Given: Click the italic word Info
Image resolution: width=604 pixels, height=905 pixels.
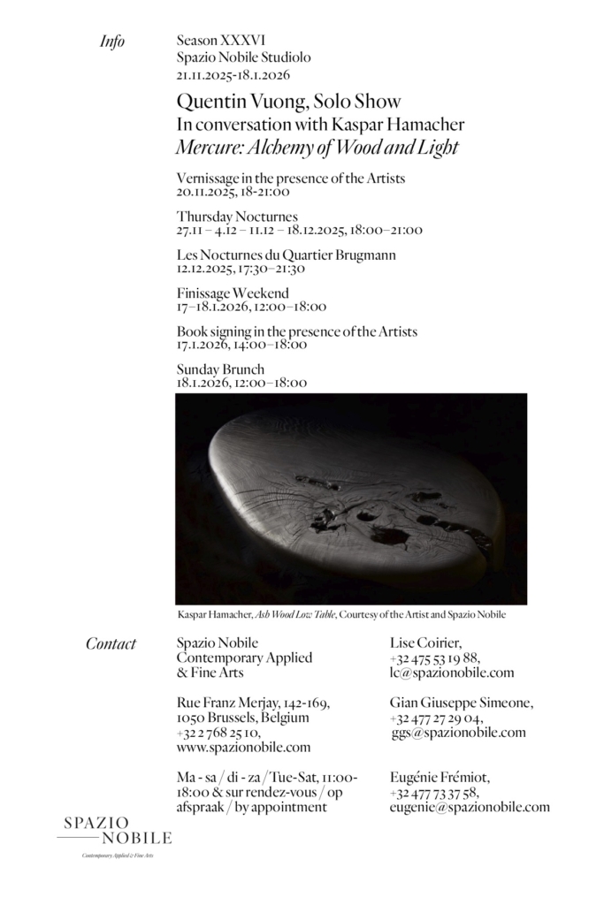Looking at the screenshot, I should [112, 42].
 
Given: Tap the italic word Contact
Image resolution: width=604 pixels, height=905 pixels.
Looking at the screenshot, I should [111, 643].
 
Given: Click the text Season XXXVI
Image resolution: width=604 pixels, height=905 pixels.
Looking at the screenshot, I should [220, 41].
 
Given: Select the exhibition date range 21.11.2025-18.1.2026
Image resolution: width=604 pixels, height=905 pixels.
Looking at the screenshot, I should [233, 74].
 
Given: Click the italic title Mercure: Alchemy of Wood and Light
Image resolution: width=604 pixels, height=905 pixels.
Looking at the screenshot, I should [317, 148].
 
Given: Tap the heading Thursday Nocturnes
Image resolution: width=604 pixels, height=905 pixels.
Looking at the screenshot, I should [237, 217].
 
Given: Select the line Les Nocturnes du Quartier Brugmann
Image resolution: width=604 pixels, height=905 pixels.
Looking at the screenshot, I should [286, 255].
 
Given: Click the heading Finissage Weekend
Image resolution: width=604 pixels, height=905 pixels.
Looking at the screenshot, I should [233, 293].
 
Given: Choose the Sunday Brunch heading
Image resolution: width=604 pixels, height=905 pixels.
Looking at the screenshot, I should [220, 369].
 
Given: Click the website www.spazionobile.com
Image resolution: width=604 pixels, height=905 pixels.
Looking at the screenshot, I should [243, 748].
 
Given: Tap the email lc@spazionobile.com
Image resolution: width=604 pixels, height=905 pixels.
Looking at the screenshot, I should [451, 673].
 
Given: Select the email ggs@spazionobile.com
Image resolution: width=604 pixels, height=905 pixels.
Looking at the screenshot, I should [458, 733].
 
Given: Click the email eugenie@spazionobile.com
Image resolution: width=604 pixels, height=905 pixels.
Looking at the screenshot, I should [469, 807].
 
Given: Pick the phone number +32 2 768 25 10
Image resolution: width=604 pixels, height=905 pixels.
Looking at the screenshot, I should [218, 733].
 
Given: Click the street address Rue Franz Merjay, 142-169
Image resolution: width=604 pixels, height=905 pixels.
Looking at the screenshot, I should [254, 703].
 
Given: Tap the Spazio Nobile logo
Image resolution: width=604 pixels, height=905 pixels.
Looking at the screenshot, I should [115, 833].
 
